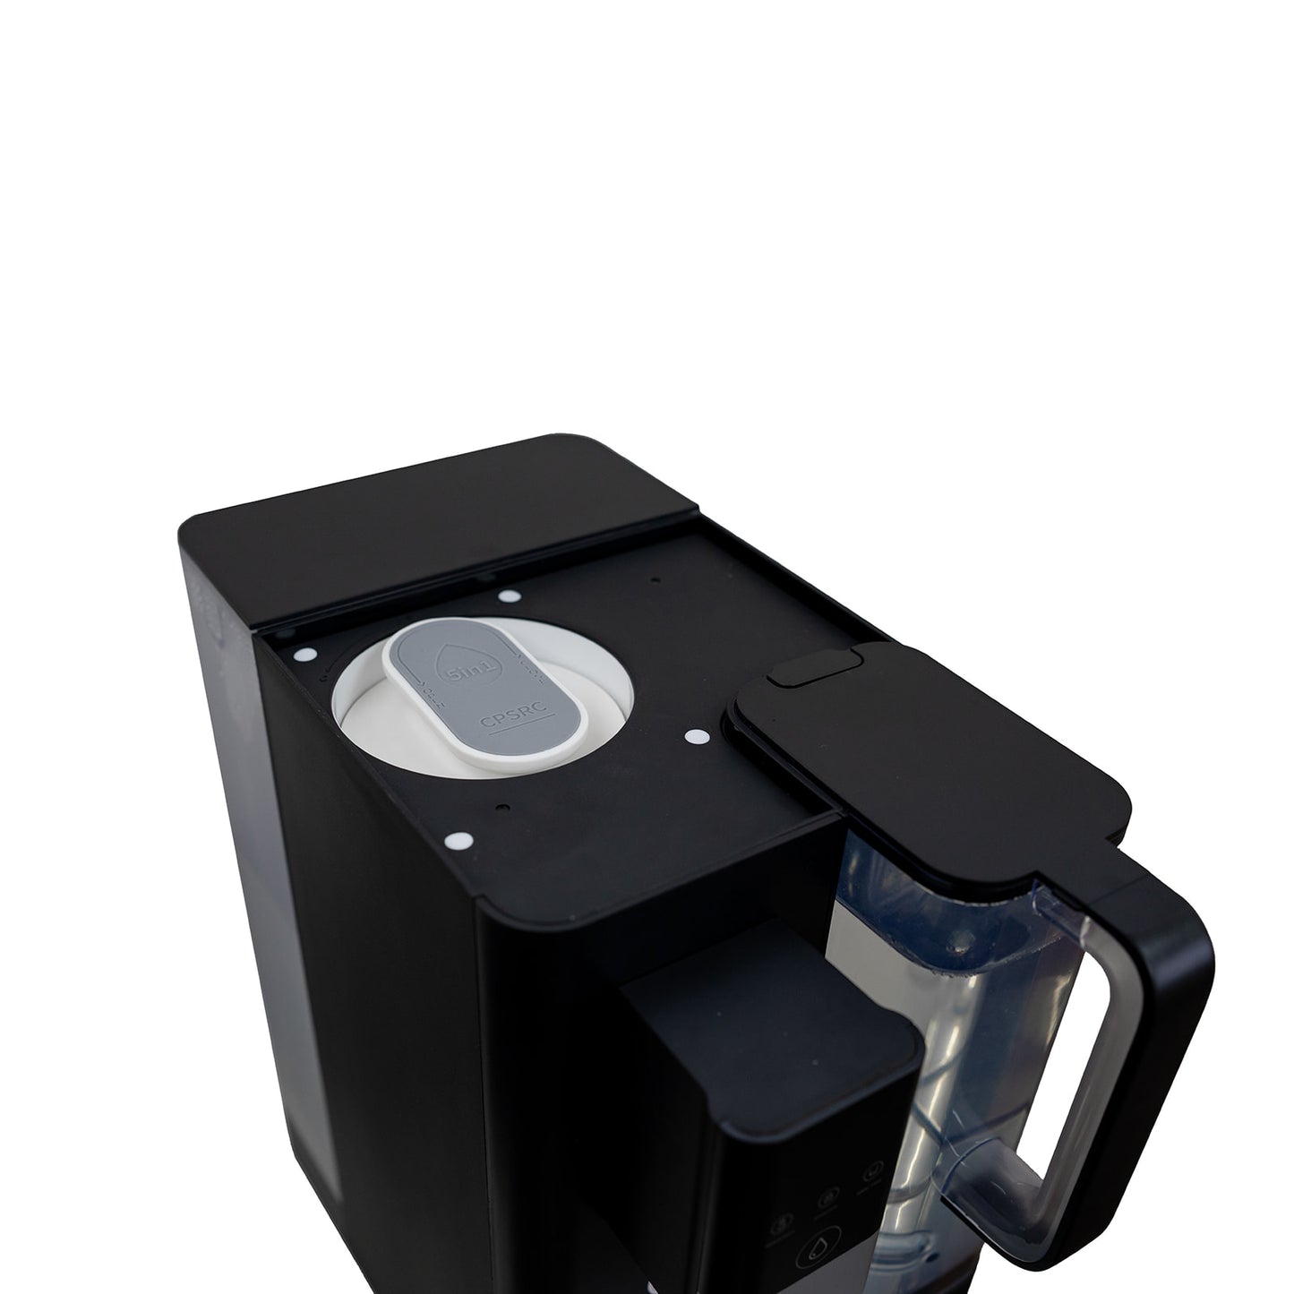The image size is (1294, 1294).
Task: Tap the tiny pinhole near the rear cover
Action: (x=655, y=580)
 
